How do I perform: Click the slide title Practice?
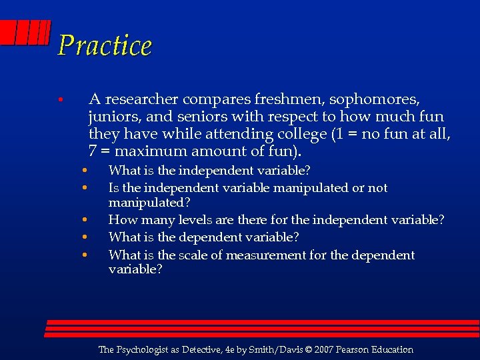coord(105,46)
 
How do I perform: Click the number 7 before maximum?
coord(93,151)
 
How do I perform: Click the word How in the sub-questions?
coord(121,220)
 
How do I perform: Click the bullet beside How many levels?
coord(85,220)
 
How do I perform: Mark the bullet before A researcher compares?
coord(60,101)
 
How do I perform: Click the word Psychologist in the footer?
coord(147,350)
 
